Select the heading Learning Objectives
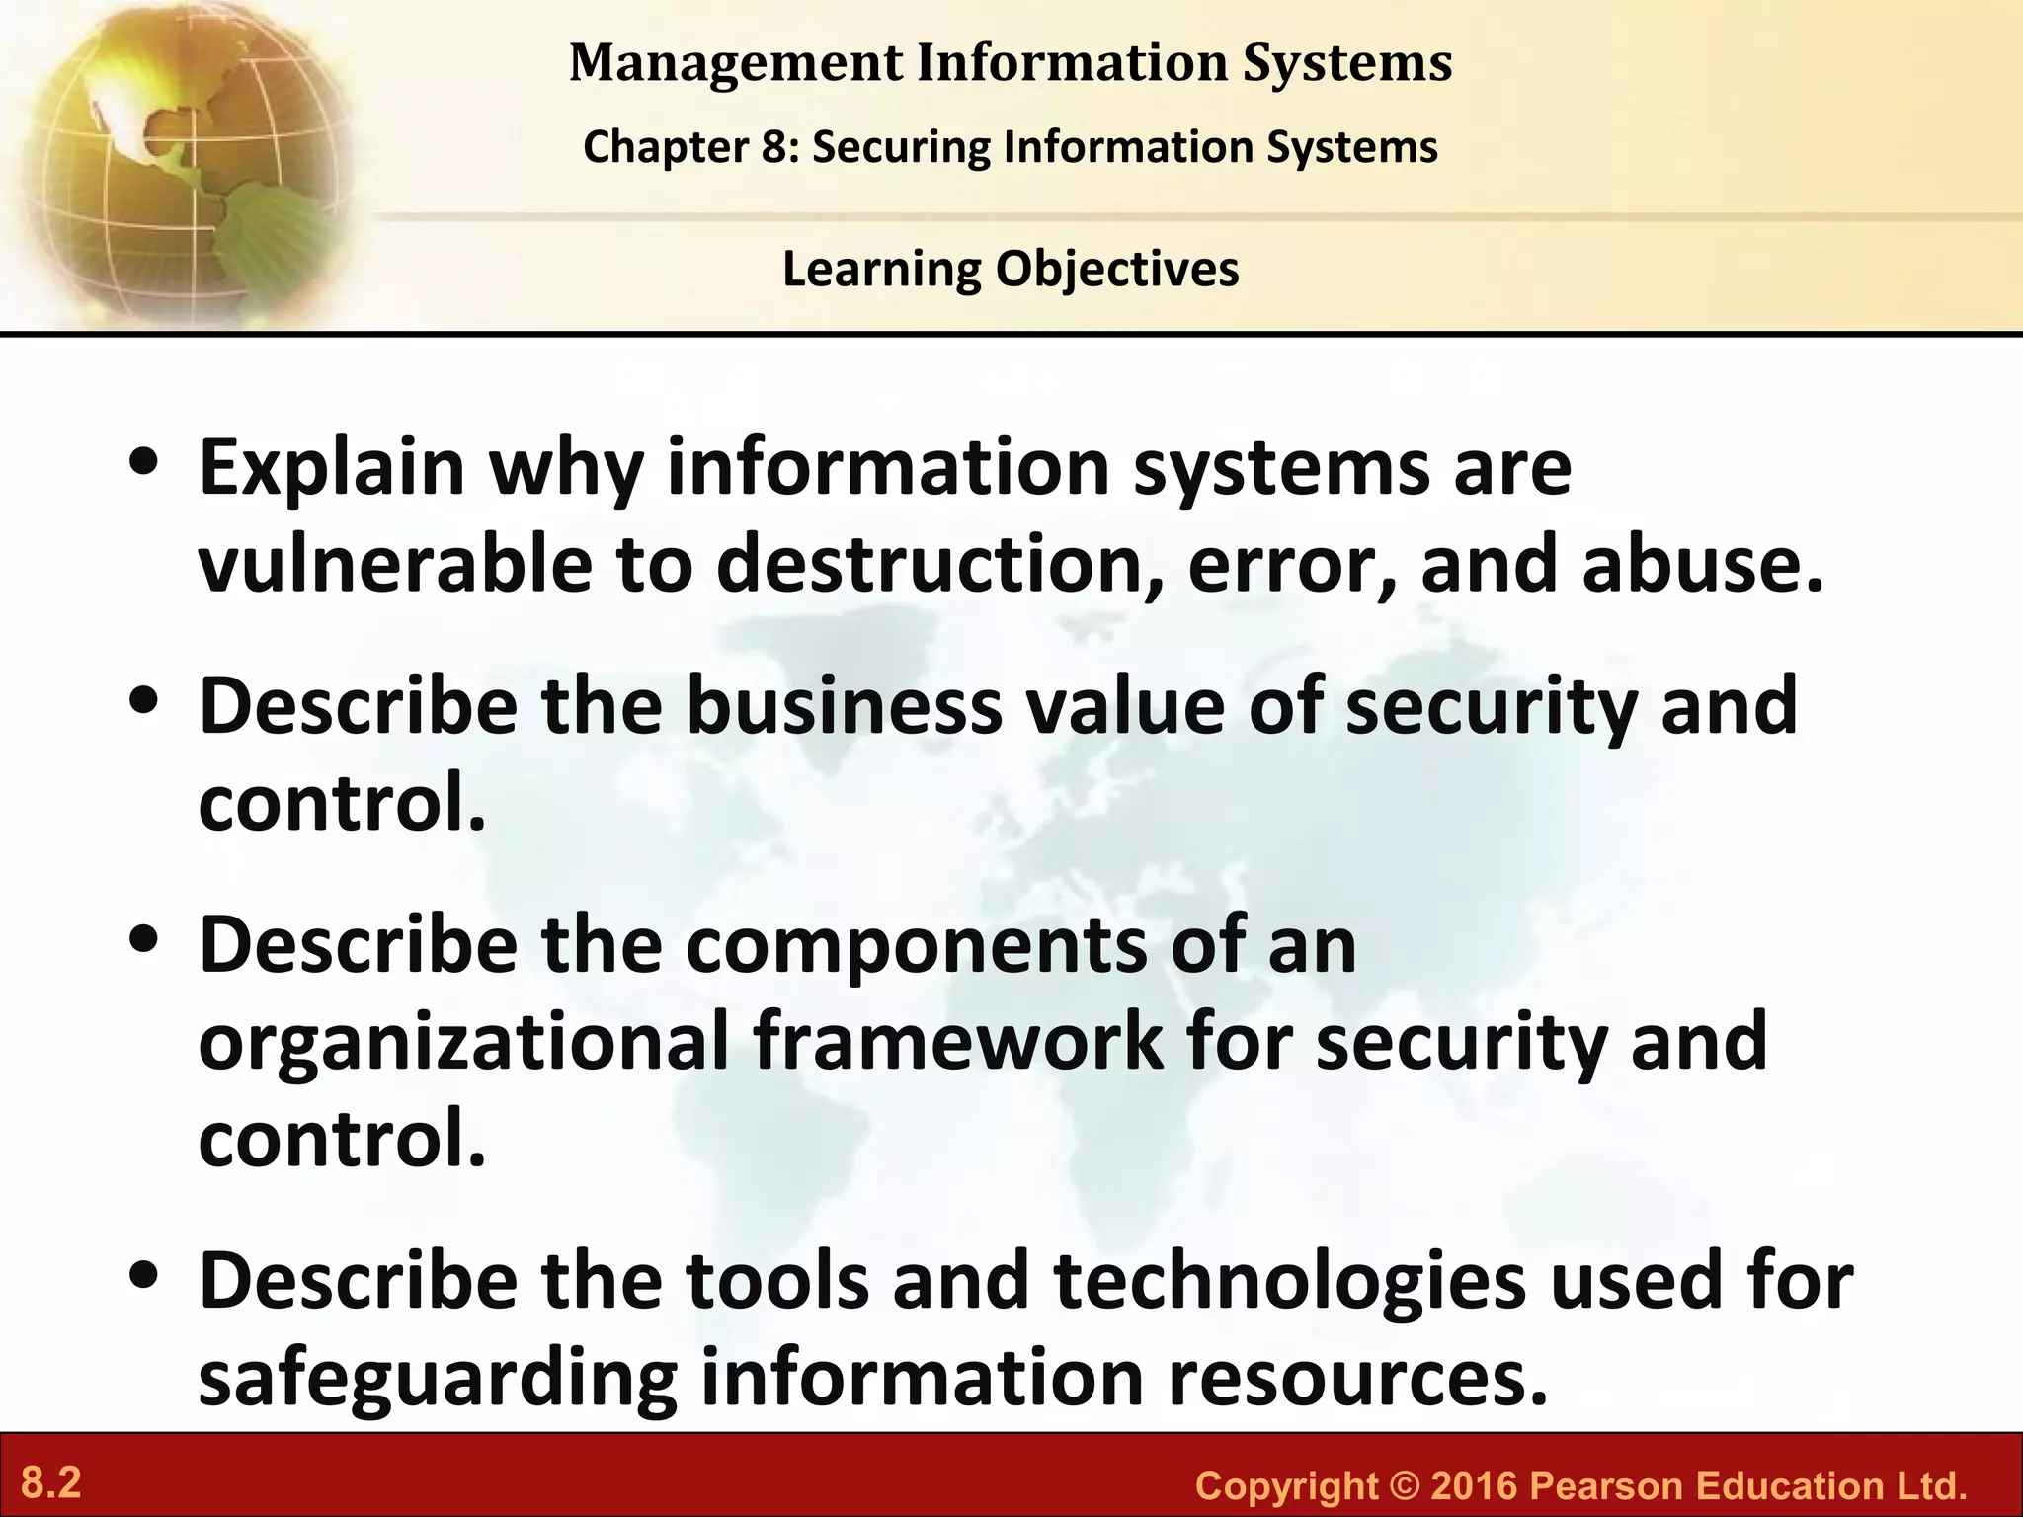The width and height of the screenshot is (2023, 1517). [1011, 269]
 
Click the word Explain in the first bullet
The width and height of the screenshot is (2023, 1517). [332, 468]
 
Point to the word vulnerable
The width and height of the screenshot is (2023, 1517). [395, 565]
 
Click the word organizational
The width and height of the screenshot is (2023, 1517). [463, 1042]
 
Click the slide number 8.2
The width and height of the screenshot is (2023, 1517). [50, 1483]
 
